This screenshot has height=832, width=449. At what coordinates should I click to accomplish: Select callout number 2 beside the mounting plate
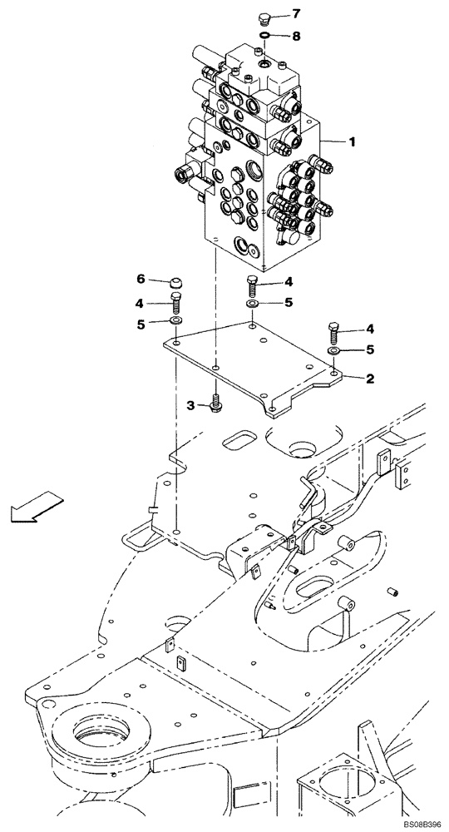pos(370,378)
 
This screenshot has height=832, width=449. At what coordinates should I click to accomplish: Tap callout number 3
pos(190,405)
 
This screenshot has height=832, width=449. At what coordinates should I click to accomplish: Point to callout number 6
pos(141,278)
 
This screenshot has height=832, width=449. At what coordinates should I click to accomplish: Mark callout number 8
pos(295,36)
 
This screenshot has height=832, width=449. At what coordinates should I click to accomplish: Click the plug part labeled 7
pos(264,17)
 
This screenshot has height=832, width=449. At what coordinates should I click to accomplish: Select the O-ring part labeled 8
pos(264,35)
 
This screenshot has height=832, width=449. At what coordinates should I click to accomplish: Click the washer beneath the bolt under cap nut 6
pos(175,321)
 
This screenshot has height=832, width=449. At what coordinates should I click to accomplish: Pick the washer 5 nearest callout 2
pos(334,351)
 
